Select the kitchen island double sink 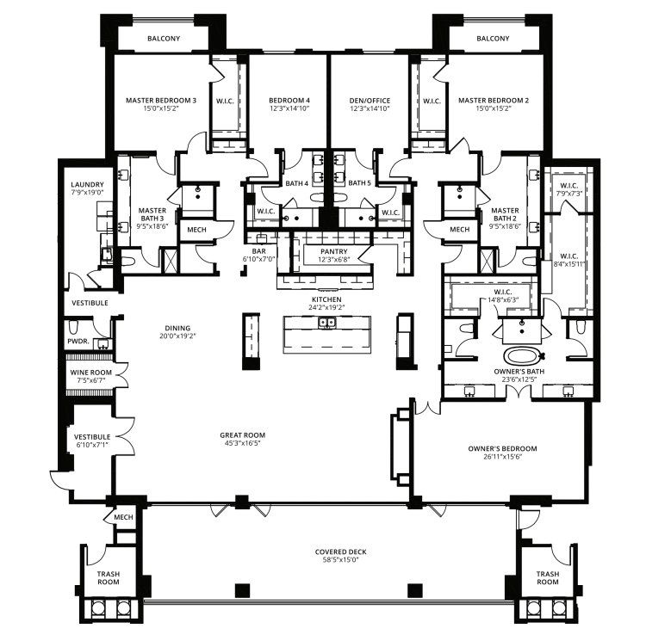327,324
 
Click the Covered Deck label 337,551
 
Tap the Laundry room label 87,185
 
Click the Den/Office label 370,101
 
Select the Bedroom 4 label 289,101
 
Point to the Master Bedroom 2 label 493,101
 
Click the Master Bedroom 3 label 160,101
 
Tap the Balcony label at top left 163,39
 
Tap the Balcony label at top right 493,39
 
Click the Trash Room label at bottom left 108,577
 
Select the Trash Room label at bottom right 547,577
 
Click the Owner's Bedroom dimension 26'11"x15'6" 502,457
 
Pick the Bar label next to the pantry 258,250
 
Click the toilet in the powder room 75,326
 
